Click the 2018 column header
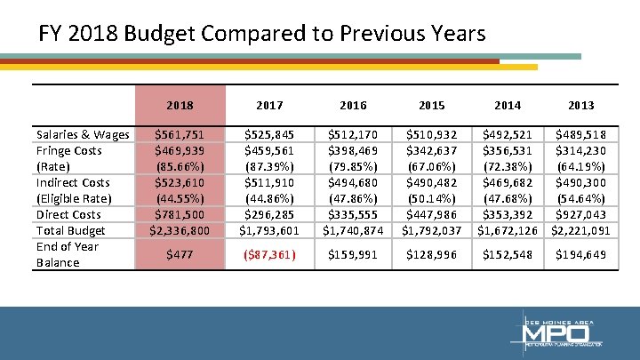(180, 105)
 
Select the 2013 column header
(581, 105)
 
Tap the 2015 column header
(431, 105)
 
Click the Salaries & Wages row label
(82, 134)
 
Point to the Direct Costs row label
(68, 214)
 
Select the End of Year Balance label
(67, 254)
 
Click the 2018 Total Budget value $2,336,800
(180, 230)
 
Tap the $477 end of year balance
(180, 256)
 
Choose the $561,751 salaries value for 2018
(180, 134)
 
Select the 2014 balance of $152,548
(508, 256)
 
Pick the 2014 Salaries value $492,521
(508, 134)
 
